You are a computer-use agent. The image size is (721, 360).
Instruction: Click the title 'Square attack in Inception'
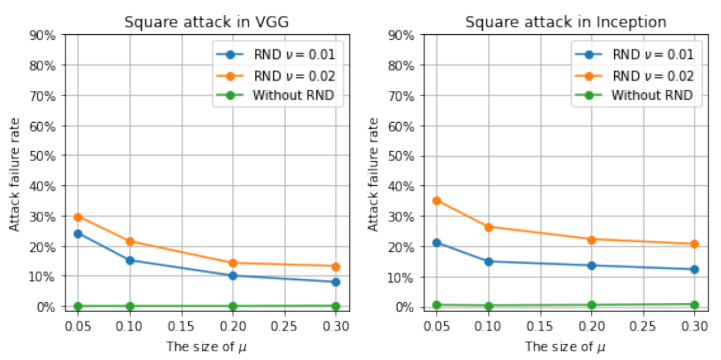[x=566, y=22]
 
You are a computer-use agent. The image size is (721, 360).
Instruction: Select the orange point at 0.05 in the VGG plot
[x=78, y=217]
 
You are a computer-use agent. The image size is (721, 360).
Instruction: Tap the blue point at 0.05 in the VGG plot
[x=78, y=234]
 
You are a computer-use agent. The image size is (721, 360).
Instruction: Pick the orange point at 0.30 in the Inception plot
[x=694, y=244]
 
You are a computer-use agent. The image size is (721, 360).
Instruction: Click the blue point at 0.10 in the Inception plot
[x=489, y=261]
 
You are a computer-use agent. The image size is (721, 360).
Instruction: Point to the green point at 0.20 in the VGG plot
[x=232, y=306]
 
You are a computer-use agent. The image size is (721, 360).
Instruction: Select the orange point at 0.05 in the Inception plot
[x=437, y=201]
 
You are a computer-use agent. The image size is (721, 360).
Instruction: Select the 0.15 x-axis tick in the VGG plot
[x=181, y=326]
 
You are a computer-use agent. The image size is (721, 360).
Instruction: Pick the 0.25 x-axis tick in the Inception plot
[x=643, y=326]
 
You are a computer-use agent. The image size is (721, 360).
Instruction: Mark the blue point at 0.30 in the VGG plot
[x=336, y=282]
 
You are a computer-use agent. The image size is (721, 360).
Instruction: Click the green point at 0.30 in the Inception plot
[x=694, y=305]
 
